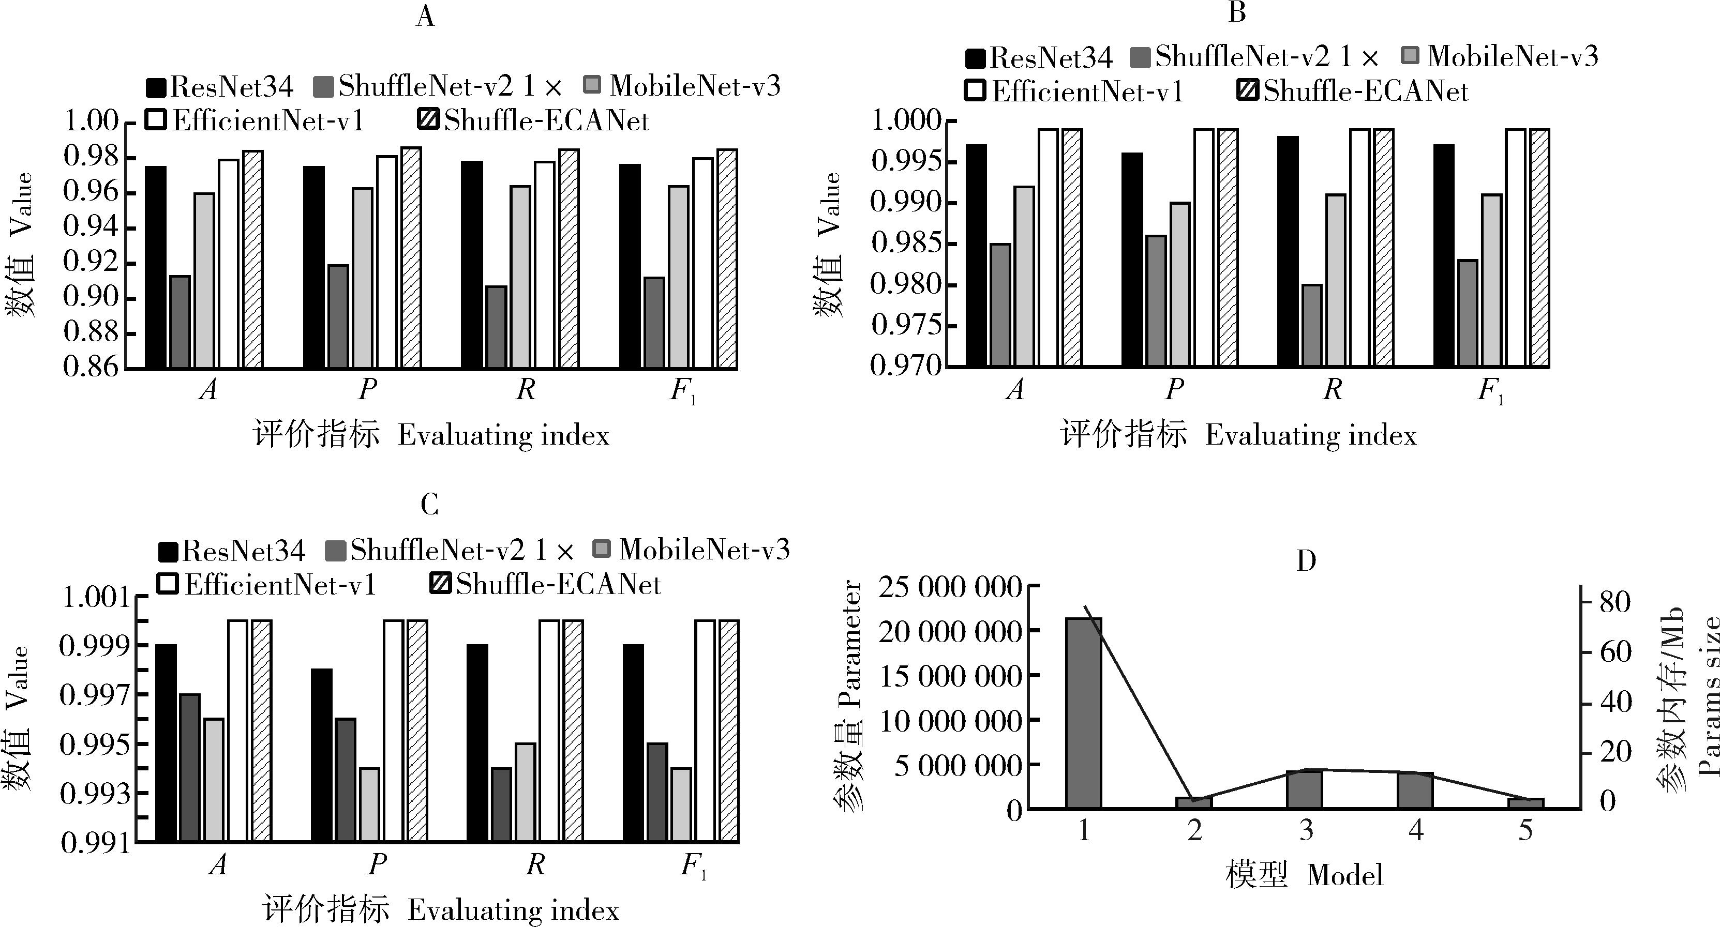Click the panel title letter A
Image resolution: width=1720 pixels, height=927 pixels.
[x=425, y=16]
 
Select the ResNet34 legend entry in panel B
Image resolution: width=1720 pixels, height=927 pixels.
[x=1040, y=58]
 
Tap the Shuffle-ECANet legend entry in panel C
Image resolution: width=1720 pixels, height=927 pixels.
[x=546, y=585]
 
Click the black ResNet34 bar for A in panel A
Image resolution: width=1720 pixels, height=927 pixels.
[x=156, y=267]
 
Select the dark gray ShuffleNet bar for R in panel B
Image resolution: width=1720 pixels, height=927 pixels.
[x=1312, y=325]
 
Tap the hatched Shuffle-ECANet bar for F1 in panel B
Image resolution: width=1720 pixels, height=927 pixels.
[x=1539, y=247]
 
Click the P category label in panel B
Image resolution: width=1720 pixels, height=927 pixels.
[x=1174, y=388]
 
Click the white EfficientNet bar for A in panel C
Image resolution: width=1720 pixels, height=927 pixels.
[x=238, y=730]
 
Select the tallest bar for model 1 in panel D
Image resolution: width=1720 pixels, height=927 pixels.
[x=1083, y=713]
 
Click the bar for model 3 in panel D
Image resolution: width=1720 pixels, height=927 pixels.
[x=1305, y=789]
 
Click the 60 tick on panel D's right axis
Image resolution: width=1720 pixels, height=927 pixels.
[x=1614, y=652]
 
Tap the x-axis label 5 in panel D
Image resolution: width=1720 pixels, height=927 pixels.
[x=1525, y=830]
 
